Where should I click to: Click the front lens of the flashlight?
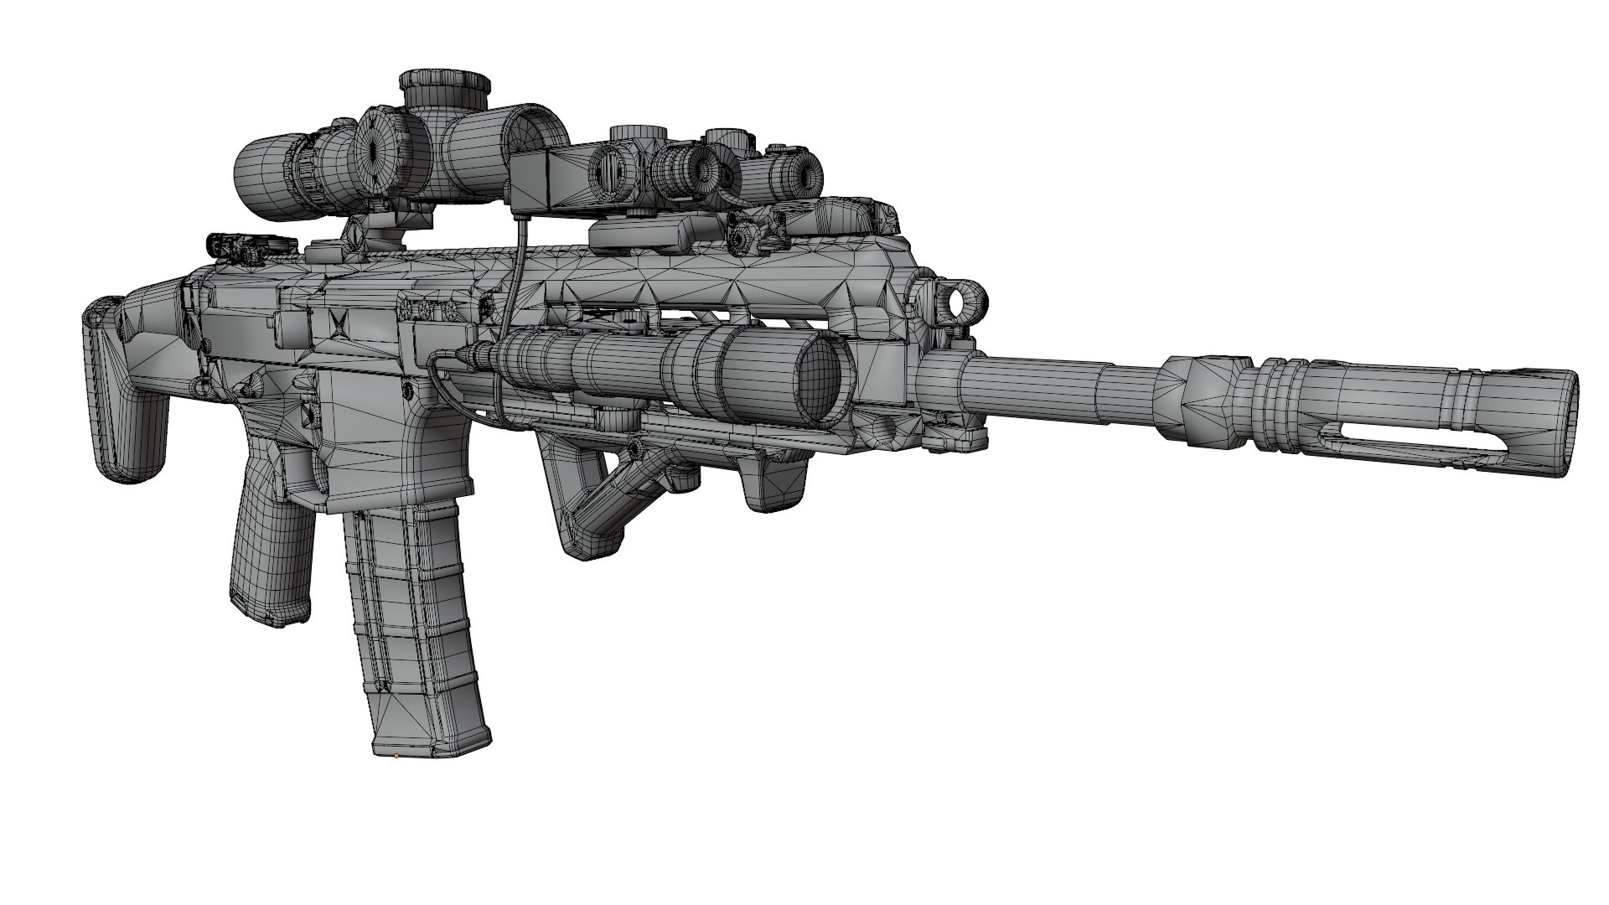820,381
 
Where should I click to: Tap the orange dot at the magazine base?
396,757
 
